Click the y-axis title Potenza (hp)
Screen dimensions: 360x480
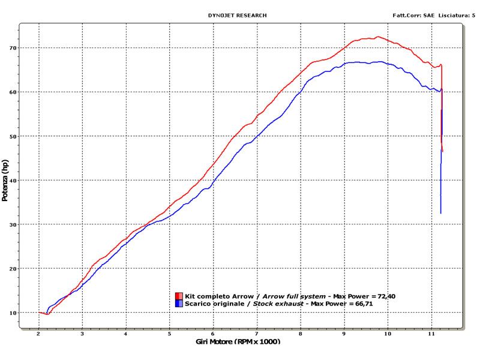click(x=5, y=180)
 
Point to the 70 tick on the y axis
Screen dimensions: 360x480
click(x=12, y=47)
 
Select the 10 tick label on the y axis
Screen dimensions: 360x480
click(x=12, y=313)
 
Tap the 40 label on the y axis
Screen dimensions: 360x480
click(x=12, y=180)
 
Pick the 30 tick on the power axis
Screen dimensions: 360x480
click(x=12, y=224)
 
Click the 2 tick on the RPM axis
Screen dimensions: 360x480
click(x=39, y=333)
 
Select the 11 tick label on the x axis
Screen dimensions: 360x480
click(x=431, y=333)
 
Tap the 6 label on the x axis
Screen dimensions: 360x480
click(x=214, y=333)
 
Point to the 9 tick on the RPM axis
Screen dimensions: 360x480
click(x=344, y=333)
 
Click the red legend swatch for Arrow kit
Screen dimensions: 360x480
click(x=179, y=296)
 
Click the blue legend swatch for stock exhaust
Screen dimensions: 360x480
click(x=179, y=304)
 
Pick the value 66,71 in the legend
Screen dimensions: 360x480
click(x=370, y=304)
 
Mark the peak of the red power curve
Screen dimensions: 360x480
click(x=377, y=37)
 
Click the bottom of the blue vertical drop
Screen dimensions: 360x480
click(x=440, y=213)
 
